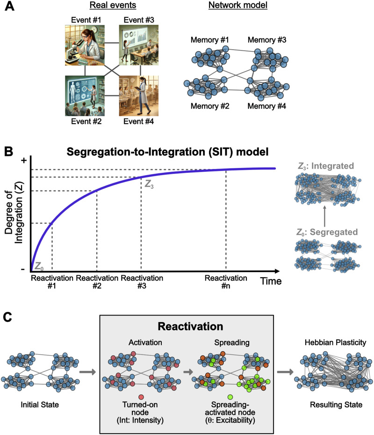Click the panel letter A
[x=9, y=8]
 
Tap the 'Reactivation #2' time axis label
[x=97, y=281]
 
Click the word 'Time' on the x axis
[x=271, y=281]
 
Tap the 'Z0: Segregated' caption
[x=327, y=231]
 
